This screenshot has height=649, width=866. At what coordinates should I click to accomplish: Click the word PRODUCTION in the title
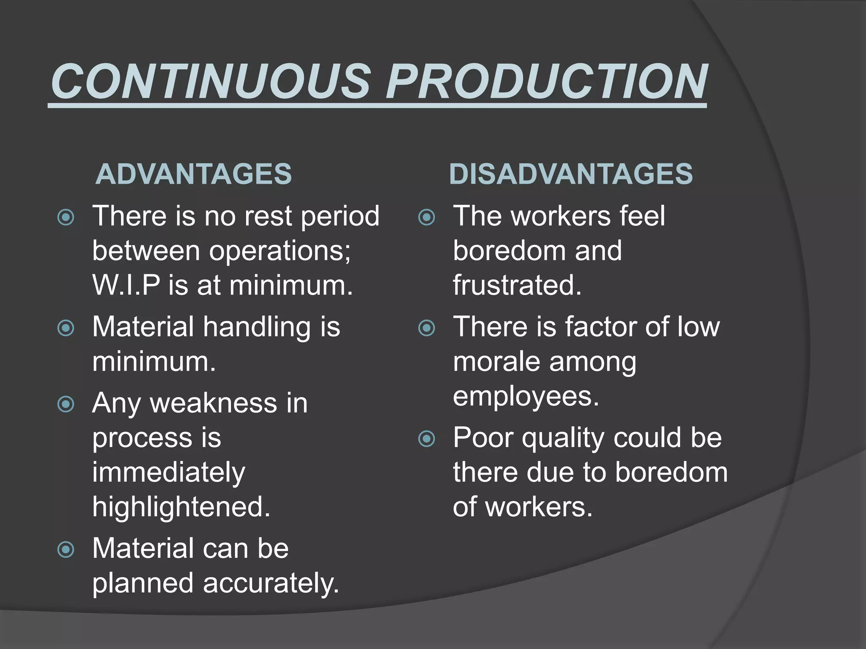[x=547, y=81]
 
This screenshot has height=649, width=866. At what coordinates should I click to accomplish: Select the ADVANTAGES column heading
[x=194, y=174]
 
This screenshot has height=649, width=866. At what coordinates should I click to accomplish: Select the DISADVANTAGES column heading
[x=571, y=174]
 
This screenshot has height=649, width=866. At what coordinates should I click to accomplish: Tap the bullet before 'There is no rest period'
[x=66, y=218]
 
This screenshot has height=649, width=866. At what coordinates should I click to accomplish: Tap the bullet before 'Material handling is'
[x=66, y=328]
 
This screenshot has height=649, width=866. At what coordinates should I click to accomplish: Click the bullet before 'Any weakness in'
[x=66, y=404]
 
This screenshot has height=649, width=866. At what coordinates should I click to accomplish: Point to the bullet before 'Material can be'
[x=66, y=550]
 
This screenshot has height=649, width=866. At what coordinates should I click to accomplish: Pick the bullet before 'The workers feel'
[x=427, y=218]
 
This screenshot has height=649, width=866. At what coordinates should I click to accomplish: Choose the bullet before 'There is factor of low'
[x=427, y=328]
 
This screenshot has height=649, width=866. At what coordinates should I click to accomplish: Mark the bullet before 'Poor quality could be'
[x=427, y=439]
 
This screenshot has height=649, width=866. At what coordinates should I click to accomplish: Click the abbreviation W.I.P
[x=126, y=285]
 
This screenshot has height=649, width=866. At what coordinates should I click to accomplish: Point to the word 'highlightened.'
[x=181, y=507]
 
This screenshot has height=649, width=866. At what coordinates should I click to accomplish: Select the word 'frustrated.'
[x=517, y=285]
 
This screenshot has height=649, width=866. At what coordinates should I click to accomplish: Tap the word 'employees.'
[x=526, y=397]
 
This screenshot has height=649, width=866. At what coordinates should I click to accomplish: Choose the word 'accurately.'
[x=271, y=584]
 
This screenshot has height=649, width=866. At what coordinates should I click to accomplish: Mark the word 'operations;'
[x=280, y=251]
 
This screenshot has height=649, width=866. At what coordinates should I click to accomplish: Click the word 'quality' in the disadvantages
[x=563, y=438]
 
